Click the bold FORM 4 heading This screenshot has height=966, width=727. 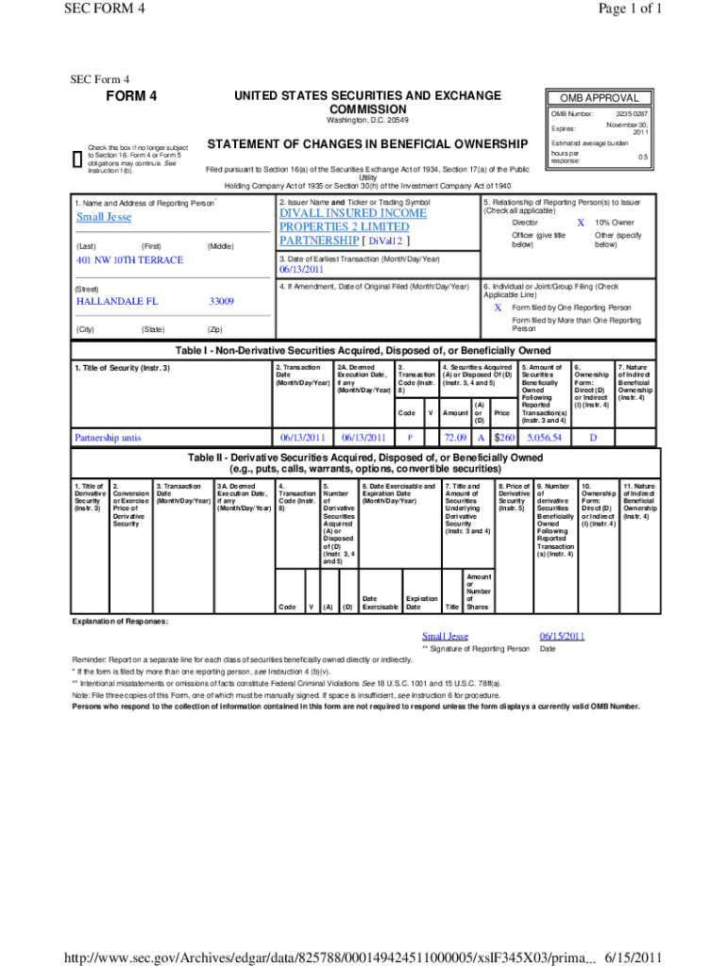(130, 97)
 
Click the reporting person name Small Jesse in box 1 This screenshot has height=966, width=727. (104, 217)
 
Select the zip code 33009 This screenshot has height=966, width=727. (221, 301)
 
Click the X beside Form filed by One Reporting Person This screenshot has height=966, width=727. (498, 308)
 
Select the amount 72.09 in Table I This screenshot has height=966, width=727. (456, 438)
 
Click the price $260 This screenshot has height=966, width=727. (504, 438)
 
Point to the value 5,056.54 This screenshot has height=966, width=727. (545, 438)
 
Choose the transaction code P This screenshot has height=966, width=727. (410, 438)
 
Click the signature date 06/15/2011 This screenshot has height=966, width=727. (562, 636)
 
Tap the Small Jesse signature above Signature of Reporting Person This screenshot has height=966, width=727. (445, 636)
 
